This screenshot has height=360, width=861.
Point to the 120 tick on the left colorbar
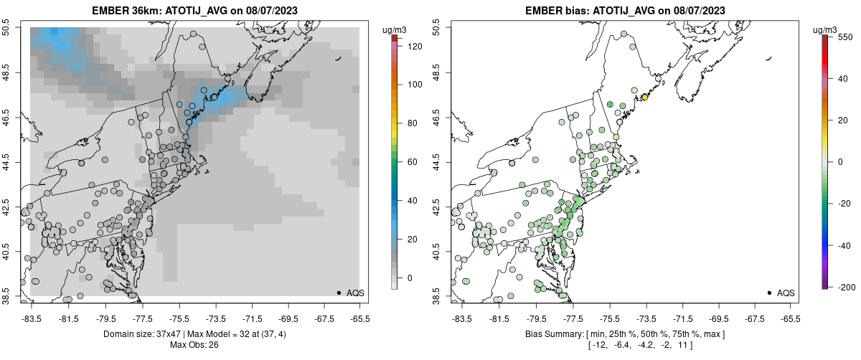pyautogui.click(x=395, y=46)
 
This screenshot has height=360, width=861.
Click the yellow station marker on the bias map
pyautogui.click(x=644, y=97)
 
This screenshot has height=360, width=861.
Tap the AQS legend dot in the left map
pyautogui.click(x=339, y=293)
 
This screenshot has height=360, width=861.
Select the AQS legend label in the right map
pyautogui.click(x=786, y=293)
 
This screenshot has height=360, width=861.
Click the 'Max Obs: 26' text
pyautogui.click(x=194, y=345)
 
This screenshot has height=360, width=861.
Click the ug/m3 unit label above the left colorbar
pyautogui.click(x=394, y=29)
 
